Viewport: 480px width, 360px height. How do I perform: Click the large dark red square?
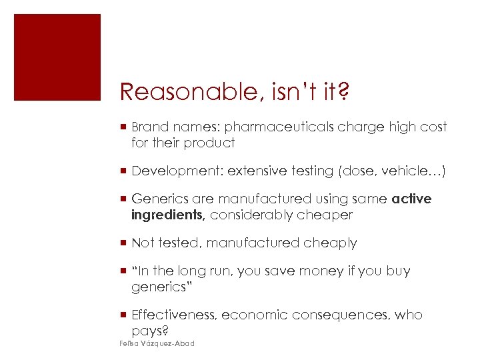tap(57, 57)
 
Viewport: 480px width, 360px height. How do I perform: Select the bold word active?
tap(412, 199)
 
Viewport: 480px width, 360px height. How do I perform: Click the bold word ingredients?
tap(167, 215)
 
